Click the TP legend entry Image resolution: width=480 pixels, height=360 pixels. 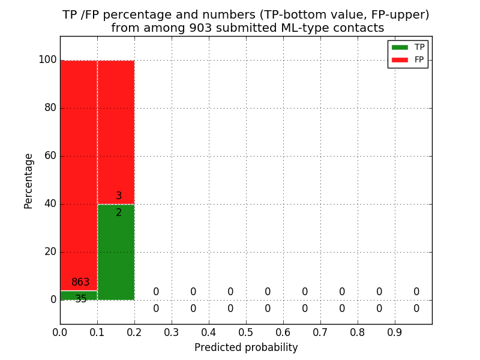point(408,47)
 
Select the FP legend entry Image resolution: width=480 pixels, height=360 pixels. point(408,59)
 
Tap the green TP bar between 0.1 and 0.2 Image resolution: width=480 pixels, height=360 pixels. point(116,252)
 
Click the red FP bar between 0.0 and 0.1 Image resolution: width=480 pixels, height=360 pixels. point(79,168)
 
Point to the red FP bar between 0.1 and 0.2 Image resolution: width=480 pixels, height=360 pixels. point(116,132)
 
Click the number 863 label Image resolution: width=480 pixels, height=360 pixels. point(80,283)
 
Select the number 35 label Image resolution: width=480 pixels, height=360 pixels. point(81,299)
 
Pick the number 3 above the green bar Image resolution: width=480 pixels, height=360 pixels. point(119,196)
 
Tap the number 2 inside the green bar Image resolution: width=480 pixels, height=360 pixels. point(119,212)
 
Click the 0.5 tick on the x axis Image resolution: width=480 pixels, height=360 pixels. point(246,332)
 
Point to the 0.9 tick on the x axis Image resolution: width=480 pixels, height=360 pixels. point(395,332)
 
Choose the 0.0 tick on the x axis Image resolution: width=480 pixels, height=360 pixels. point(60,332)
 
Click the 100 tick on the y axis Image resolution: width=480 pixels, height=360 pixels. point(47,60)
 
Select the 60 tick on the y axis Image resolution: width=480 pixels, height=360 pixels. point(50,156)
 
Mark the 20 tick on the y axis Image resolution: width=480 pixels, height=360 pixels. point(50,252)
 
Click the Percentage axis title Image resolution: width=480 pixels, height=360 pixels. point(29,181)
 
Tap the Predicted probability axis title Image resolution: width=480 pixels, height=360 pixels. point(246,348)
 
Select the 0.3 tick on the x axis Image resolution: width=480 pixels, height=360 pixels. point(172,332)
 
